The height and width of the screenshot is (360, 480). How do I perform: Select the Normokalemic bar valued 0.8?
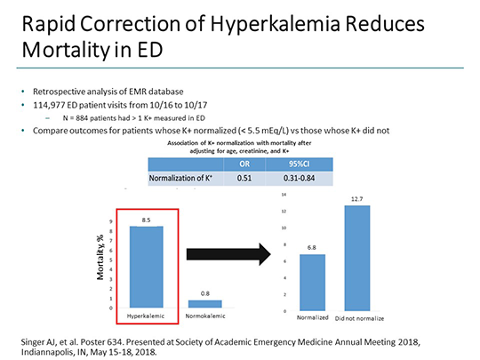pyautogui.click(x=205, y=303)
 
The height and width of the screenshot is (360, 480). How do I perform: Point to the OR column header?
pyautogui.click(x=244, y=164)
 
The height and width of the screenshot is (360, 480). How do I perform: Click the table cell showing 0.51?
pyautogui.click(x=244, y=178)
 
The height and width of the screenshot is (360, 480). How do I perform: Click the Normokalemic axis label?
pyautogui.click(x=205, y=316)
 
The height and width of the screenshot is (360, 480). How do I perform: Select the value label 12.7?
pyautogui.click(x=356, y=199)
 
